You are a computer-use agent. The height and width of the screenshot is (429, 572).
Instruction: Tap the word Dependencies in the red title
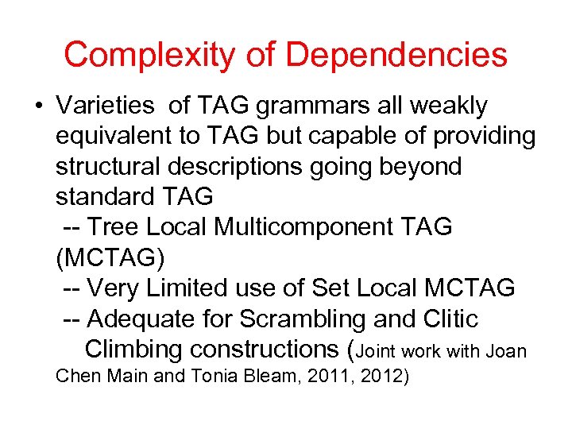coord(396,55)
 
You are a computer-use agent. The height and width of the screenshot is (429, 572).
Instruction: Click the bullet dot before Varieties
coord(38,106)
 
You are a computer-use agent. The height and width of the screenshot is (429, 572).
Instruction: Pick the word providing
coord(484,136)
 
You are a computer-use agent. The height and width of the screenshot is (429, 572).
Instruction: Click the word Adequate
coord(141,319)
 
